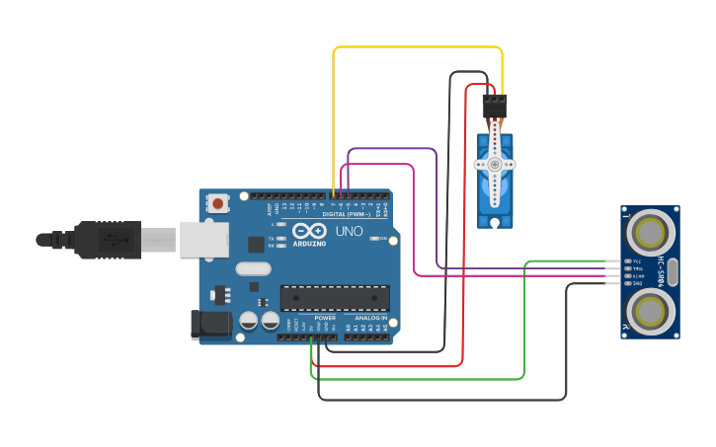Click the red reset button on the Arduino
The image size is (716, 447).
[217, 204]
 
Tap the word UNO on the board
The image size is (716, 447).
[350, 231]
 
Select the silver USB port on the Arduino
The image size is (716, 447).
[204, 240]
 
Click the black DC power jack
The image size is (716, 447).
[209, 324]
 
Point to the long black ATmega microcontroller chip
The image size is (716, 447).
[335, 298]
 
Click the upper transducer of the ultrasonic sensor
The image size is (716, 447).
[651, 234]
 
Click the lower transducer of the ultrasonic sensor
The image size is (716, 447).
[651, 312]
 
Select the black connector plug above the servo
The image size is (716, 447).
[495, 106]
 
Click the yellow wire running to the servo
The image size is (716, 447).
[415, 47]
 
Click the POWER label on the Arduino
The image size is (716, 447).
[325, 318]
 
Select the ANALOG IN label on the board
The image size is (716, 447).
[371, 318]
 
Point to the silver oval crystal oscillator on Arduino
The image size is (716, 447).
[254, 268]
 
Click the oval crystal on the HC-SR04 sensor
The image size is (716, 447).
[674, 272]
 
